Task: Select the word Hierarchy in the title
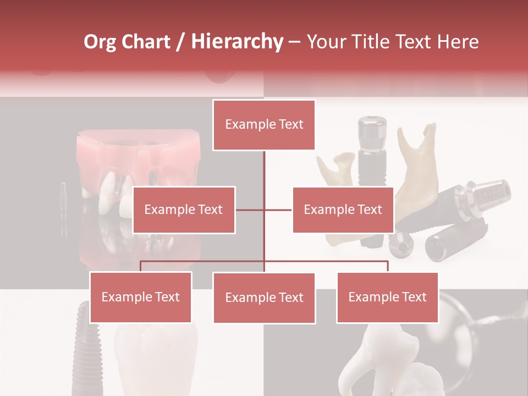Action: click(237, 42)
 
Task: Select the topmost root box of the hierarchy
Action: click(264, 125)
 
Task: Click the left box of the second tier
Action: click(184, 210)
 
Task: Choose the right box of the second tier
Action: click(343, 210)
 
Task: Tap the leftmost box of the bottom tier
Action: click(141, 298)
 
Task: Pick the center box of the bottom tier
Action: click(264, 298)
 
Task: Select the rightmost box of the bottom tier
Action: click(387, 298)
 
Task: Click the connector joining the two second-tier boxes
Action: click(264, 210)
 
